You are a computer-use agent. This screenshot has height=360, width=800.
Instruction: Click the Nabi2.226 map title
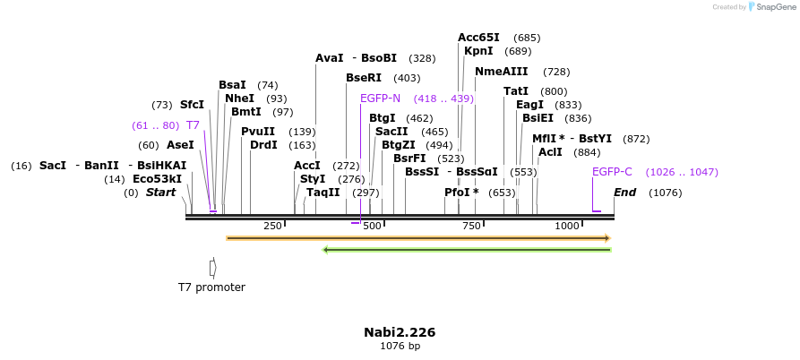400,332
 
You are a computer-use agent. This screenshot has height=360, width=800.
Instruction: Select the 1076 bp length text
400,346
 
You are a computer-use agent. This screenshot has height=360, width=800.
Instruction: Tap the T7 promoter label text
211,287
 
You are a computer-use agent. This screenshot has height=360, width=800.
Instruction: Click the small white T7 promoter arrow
212,267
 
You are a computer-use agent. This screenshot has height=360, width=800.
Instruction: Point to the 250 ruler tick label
272,226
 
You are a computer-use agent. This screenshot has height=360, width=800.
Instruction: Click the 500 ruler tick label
372,226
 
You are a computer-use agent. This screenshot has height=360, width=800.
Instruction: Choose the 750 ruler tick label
471,226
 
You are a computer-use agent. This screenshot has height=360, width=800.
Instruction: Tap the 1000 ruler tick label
568,226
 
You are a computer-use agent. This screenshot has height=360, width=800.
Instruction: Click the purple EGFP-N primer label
380,99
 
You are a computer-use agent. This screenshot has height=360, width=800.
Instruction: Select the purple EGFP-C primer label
612,172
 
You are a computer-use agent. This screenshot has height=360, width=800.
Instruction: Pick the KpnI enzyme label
478,51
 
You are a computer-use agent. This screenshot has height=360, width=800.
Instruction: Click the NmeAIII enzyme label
501,72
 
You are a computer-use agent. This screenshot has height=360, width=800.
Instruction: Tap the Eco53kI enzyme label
157,179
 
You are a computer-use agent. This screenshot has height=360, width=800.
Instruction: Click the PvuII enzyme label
258,132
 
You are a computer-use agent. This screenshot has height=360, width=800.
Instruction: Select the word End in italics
624,193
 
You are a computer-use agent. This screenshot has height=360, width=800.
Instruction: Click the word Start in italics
161,193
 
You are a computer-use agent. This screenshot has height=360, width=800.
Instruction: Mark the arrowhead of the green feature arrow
326,250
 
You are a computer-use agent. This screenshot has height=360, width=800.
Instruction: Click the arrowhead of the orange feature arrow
607,238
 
